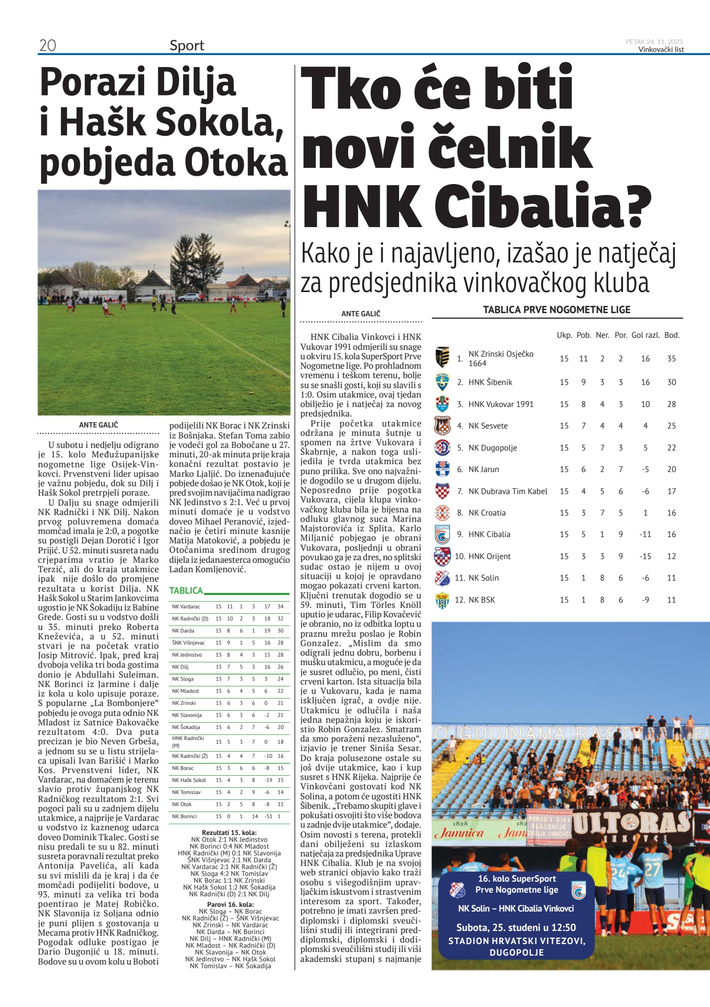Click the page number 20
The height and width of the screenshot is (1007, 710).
click(47, 46)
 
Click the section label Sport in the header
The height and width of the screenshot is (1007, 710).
click(187, 46)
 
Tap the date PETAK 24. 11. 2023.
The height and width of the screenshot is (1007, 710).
click(654, 42)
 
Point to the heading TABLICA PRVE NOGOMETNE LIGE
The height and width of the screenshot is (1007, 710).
click(556, 310)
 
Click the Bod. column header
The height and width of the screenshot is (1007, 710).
click(672, 335)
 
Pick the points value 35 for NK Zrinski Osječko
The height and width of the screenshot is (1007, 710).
click(672, 359)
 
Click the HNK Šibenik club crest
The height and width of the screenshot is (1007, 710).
click(443, 382)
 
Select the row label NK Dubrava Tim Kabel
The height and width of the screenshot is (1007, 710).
click(508, 491)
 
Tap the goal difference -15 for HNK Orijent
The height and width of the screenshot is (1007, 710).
click(646, 556)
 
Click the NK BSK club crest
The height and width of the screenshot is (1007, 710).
click(443, 600)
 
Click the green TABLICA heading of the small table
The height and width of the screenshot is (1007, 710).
click(186, 591)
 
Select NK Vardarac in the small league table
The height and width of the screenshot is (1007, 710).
click(186, 607)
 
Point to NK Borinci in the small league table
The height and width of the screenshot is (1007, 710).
click(185, 816)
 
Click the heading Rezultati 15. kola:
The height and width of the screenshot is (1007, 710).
click(229, 832)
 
